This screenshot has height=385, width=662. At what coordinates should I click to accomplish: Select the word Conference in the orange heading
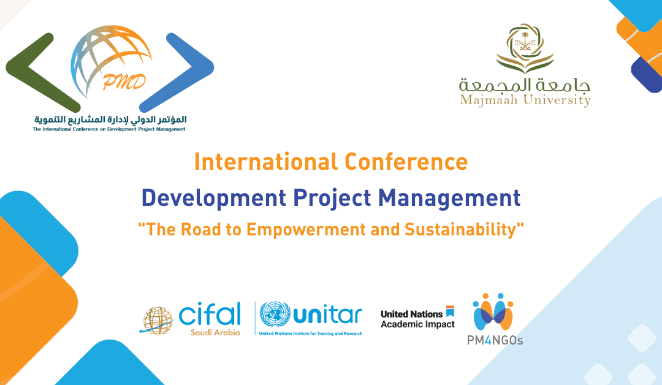click(x=406, y=162)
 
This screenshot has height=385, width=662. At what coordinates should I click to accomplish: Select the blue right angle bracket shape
click(x=177, y=72)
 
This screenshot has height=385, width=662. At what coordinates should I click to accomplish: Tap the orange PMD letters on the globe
click(x=124, y=82)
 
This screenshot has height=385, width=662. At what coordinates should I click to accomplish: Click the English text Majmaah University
click(x=525, y=101)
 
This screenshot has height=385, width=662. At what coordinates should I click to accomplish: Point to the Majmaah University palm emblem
click(x=525, y=48)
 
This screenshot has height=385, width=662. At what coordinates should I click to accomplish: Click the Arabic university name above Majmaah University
click(x=525, y=85)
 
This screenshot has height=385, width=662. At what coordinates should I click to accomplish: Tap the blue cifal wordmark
click(x=210, y=314)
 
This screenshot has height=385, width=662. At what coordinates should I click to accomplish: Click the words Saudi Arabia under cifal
click(x=215, y=332)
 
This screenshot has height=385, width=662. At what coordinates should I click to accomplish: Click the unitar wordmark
click(x=327, y=315)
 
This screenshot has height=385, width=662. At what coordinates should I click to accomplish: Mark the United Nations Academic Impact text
click(x=417, y=319)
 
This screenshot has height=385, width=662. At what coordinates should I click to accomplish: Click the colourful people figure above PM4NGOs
click(x=493, y=311)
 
